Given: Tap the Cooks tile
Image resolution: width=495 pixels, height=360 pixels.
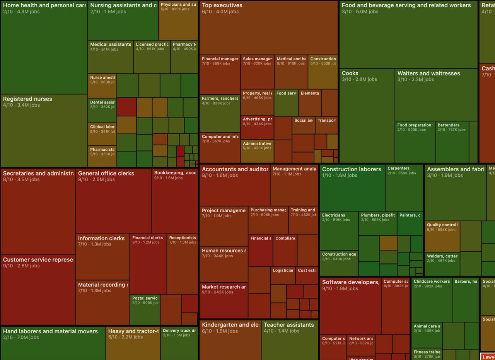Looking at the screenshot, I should pyautogui.click(x=367, y=116).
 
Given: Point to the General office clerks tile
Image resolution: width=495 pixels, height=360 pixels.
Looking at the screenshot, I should pyautogui.click(x=114, y=201).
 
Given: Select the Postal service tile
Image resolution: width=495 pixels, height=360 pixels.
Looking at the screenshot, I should pyautogui.click(x=145, y=309).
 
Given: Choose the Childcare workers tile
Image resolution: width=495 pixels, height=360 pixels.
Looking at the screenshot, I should pyautogui.click(x=431, y=300).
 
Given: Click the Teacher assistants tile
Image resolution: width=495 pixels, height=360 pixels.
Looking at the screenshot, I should pyautogui.click(x=290, y=340).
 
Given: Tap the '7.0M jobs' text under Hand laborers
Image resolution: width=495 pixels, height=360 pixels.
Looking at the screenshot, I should pyautogui.click(x=28, y=338).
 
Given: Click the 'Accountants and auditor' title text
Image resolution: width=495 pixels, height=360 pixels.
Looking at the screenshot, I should pyautogui.click(x=235, y=169).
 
